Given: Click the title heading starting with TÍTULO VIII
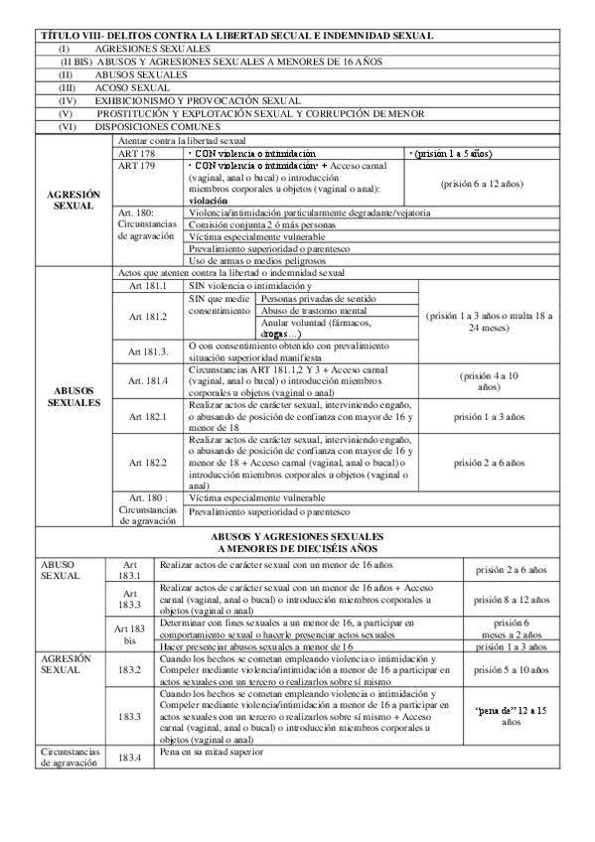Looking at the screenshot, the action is tap(235, 36).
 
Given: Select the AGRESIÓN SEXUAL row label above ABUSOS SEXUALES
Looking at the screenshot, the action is tap(74, 199).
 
